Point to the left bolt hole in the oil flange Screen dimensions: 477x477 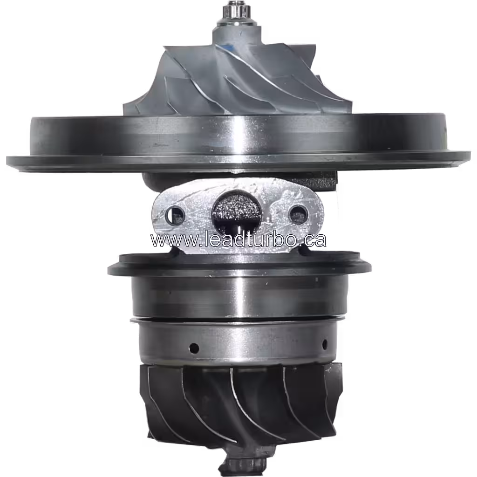176,215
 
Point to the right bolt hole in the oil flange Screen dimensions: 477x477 297,214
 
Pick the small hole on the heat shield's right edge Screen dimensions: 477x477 325,345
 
